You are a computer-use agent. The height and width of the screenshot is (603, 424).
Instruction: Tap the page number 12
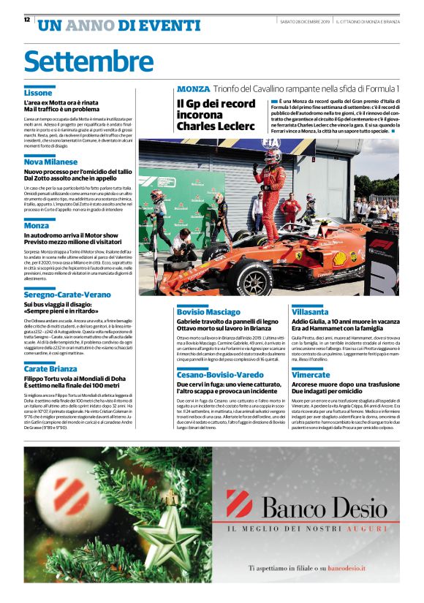(27, 20)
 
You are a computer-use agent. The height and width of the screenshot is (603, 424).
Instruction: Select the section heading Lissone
(38, 94)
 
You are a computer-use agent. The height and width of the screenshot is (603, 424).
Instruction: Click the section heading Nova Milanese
(50, 162)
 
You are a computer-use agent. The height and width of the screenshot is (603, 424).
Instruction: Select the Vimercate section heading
(311, 375)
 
